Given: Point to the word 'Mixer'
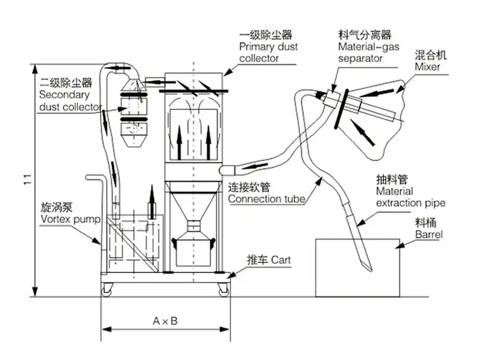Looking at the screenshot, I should [427, 66].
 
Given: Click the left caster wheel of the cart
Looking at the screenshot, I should [106, 290].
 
